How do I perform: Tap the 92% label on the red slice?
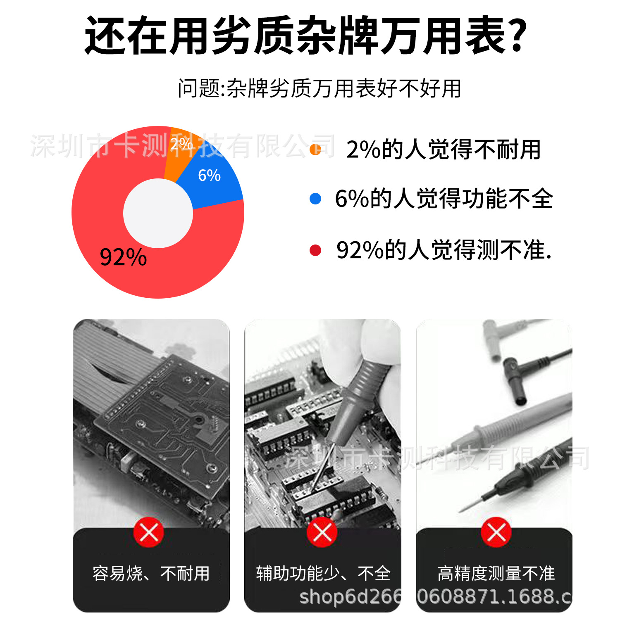pos(123,257)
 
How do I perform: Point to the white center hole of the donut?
pos(158,213)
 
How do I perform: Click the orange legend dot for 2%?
pos(315,150)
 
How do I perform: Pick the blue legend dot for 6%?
pos(315,199)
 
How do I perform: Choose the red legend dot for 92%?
pos(315,250)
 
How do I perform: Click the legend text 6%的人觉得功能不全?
pos(444,199)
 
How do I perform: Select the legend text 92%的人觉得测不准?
pos(444,250)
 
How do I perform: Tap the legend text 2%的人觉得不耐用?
pos(444,150)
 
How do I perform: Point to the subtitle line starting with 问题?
pos(320,88)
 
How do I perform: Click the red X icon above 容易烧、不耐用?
pos(149,532)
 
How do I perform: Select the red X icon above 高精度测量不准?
pos(496,532)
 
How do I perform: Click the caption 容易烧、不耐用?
pos(151,573)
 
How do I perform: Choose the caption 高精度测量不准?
pos(496,573)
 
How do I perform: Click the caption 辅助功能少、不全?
pos(323,573)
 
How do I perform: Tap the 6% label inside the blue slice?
pos(209,176)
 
